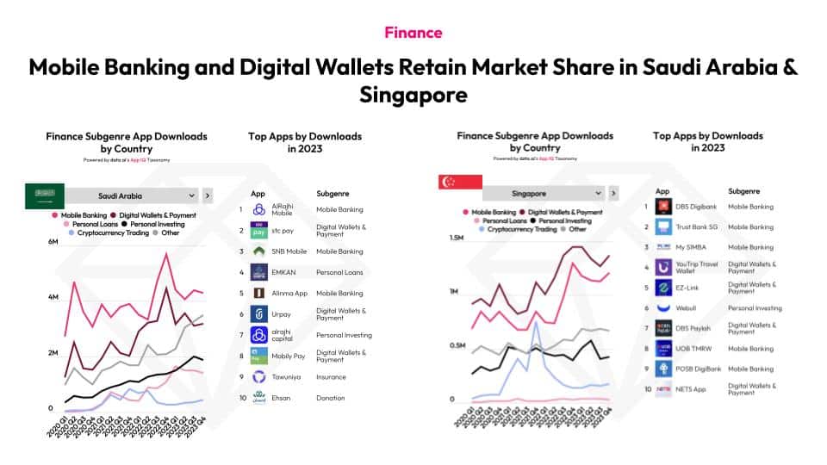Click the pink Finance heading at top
pos(413,33)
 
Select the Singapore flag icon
pos(448,183)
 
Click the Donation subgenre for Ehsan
pos(331,398)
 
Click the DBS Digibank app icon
pos(663,207)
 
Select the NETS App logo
pos(663,389)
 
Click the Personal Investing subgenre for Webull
pos(755,307)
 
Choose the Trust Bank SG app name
pos(697,227)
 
